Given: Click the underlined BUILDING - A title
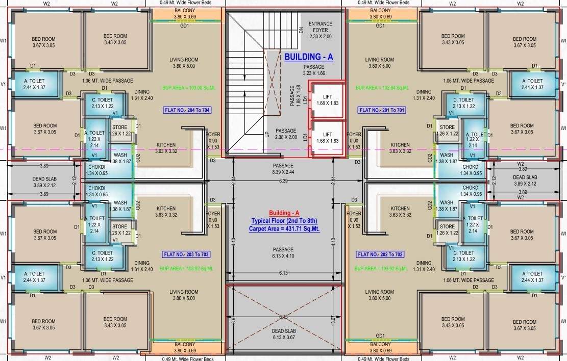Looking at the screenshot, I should tap(308, 57).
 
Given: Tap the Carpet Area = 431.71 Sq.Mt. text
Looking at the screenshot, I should tap(284, 229).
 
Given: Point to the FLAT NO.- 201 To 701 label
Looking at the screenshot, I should tap(382, 110).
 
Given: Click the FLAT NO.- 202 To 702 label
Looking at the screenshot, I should tap(380, 254).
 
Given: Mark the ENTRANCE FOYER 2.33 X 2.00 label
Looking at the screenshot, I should tap(321, 30).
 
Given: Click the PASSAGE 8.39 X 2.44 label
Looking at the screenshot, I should tap(283, 169).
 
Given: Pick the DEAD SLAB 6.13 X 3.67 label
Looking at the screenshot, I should tap(283, 334).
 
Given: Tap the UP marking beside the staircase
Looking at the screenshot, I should tap(266, 135).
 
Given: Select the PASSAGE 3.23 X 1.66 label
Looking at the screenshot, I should tap(314, 70).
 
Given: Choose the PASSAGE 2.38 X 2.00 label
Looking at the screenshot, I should tap(286, 134).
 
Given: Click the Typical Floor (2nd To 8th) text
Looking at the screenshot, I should tap(284, 221).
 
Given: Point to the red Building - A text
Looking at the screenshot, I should tap(284, 213).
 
